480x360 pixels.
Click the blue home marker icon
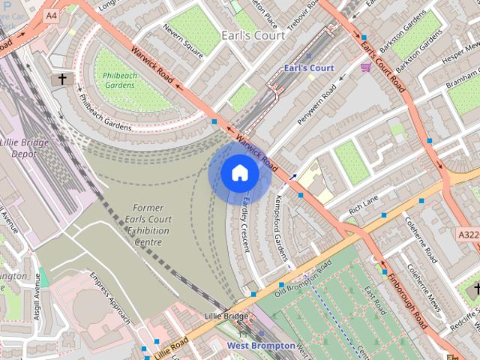point(239,173)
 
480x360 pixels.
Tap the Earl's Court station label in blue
point(310,68)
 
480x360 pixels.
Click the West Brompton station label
point(258,345)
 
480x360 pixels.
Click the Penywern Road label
point(316,105)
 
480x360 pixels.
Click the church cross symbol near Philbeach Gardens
point(61,78)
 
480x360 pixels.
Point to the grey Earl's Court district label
point(253,35)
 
